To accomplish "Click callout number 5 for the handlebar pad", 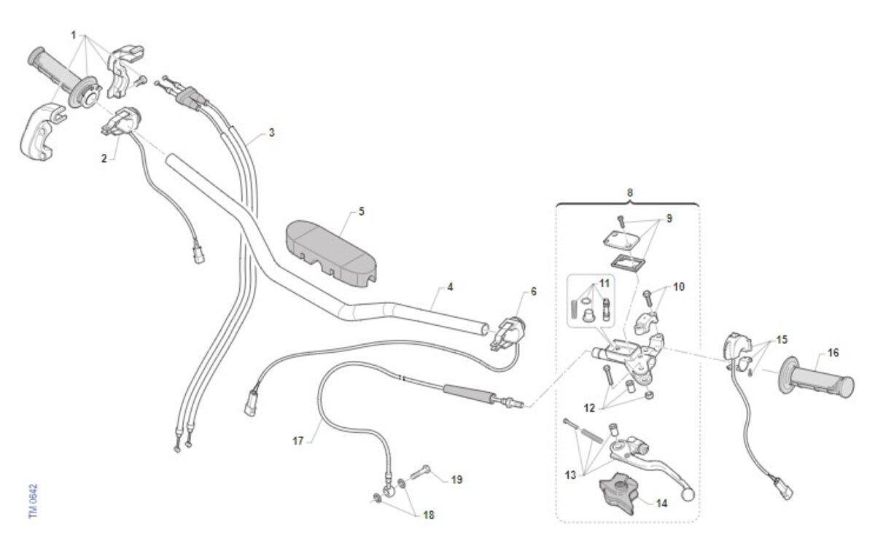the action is coord(362,211).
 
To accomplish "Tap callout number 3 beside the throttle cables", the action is coord(272,133).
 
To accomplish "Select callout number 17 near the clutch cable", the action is coord(298,441).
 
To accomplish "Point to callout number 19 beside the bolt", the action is coord(456,480).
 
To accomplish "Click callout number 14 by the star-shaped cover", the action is coord(661,504).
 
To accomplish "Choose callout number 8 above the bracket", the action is coord(630,192).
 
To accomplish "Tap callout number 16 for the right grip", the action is coord(833,353).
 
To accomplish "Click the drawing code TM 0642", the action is coord(34,501).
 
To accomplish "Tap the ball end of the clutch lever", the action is coord(688,495).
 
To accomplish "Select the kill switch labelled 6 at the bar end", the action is coord(507,332).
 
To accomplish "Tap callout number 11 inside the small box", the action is coord(604,283).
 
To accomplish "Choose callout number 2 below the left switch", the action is coord(104,159).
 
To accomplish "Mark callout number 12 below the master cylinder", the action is coord(589,408).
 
